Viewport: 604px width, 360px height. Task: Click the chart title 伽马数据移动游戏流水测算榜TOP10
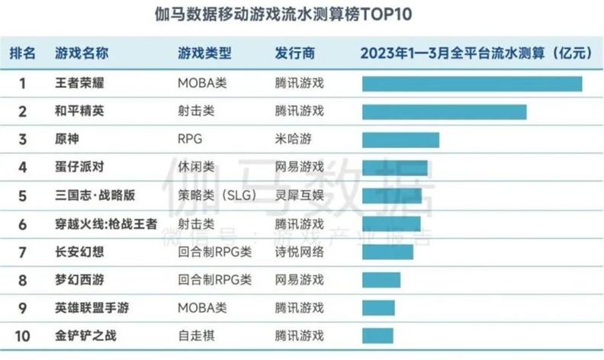[301, 16]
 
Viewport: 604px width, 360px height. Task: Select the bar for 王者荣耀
[472, 83]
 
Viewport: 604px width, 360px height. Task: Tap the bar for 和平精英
[444, 111]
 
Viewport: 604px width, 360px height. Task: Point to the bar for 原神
[400, 140]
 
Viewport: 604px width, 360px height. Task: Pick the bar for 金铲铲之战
[378, 335]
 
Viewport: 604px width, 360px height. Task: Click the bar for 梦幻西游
[381, 279]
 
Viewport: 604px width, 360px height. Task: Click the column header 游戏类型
[204, 53]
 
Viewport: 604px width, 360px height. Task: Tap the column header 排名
[23, 53]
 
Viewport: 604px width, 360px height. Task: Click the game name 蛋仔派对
[82, 167]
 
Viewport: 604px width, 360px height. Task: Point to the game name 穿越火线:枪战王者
[107, 223]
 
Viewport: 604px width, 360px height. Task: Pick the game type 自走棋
[196, 335]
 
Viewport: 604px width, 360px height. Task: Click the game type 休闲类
[196, 167]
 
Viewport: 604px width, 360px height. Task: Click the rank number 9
[23, 307]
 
